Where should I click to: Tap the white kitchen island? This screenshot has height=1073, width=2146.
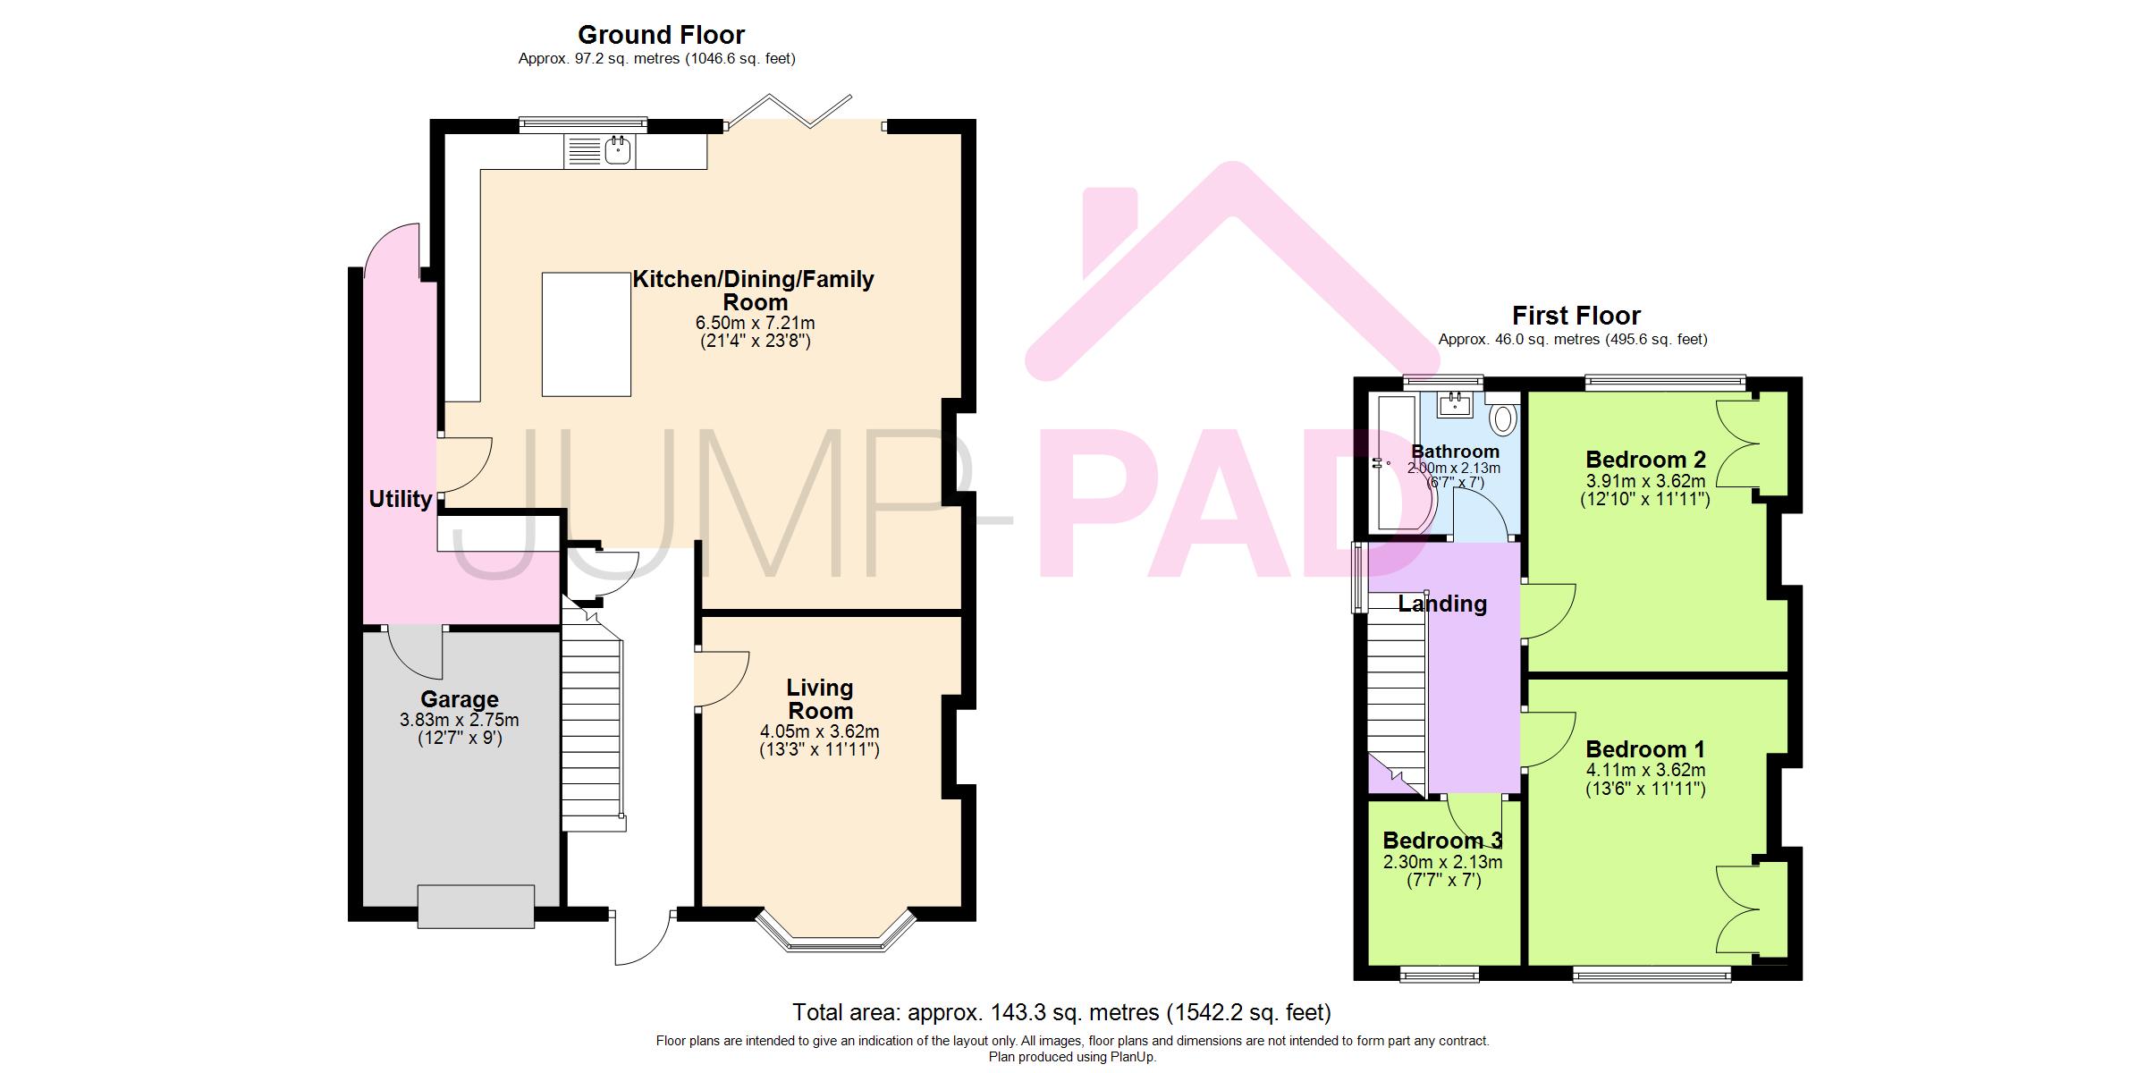587,334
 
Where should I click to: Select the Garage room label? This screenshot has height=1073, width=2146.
460,699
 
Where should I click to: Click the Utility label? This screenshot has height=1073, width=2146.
401,499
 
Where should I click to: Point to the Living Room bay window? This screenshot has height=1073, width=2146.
836,933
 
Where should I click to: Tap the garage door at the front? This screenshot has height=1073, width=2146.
476,906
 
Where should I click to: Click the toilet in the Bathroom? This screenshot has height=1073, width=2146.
1504,417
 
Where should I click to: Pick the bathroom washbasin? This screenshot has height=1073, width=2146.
1455,405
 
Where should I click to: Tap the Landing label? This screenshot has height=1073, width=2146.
1442,604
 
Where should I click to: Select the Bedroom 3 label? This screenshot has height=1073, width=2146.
1442,841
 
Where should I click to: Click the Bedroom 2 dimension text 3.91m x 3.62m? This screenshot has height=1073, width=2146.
1645,480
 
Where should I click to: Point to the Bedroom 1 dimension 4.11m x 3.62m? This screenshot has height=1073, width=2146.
1645,770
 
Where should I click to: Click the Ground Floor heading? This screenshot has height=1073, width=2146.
661,35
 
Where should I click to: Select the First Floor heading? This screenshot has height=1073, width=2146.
1576,316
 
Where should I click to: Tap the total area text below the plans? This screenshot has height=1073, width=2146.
1061,1012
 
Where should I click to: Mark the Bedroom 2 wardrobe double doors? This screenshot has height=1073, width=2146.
1737,444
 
